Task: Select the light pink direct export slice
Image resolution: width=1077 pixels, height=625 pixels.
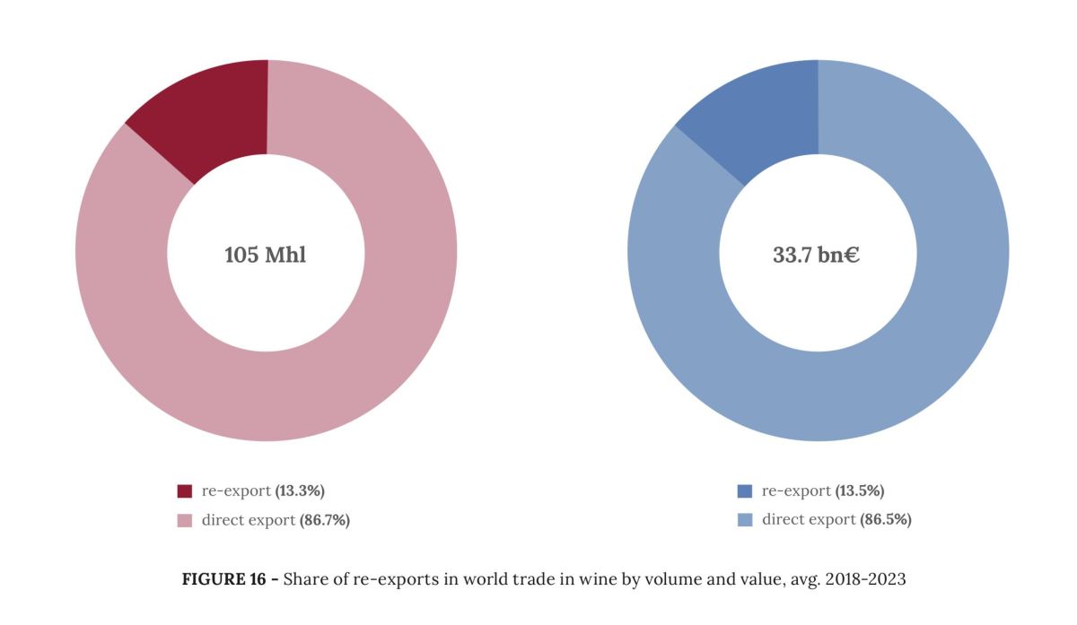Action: [x=359, y=359]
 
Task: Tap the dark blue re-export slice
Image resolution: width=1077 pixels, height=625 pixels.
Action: [x=765, y=117]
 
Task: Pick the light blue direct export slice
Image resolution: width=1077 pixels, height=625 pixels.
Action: [x=915, y=359]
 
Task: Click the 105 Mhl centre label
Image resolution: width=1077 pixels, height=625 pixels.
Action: [x=265, y=255]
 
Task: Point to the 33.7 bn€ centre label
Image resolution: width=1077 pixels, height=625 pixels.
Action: [x=817, y=255]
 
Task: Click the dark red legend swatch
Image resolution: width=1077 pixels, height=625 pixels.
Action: [x=185, y=491]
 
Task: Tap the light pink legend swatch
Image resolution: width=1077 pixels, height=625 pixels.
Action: [x=185, y=520]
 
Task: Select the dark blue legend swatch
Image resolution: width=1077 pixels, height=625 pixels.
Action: [x=744, y=491]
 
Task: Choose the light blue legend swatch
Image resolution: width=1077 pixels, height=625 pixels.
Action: [x=744, y=520]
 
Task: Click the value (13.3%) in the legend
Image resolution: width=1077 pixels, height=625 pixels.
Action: [x=300, y=491]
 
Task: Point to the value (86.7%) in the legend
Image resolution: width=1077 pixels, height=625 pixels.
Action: [x=324, y=520]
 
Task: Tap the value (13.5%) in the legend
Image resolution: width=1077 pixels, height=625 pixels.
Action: [x=860, y=491]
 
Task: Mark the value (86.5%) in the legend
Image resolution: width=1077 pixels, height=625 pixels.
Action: [x=886, y=520]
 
